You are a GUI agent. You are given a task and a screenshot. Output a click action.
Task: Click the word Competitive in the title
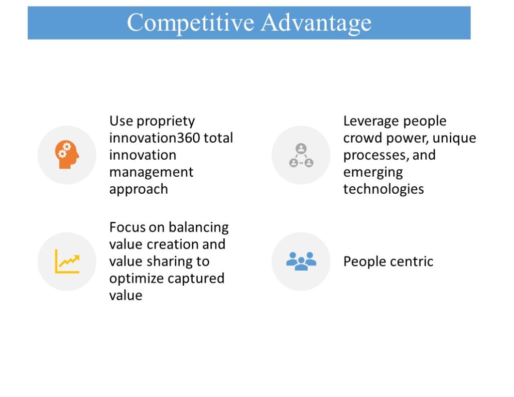point(190,23)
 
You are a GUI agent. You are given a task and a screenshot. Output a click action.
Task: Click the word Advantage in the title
point(316,23)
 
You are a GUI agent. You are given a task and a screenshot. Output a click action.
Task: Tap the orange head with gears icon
point(67,155)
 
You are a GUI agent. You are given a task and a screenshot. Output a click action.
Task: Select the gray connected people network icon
point(301,155)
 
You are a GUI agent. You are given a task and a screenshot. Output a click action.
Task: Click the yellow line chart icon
point(67,261)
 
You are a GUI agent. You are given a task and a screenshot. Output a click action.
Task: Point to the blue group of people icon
point(301,261)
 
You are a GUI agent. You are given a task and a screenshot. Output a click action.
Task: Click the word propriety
point(166,121)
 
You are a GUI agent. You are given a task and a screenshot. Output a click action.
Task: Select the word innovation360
point(155,138)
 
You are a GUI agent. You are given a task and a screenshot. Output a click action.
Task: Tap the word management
point(152,172)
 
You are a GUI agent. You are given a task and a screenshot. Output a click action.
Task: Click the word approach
point(139,190)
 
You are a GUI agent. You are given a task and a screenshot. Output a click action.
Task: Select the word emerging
point(373,173)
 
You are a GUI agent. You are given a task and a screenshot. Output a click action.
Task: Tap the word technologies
point(383,189)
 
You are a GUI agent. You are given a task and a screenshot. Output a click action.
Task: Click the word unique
point(454,139)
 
